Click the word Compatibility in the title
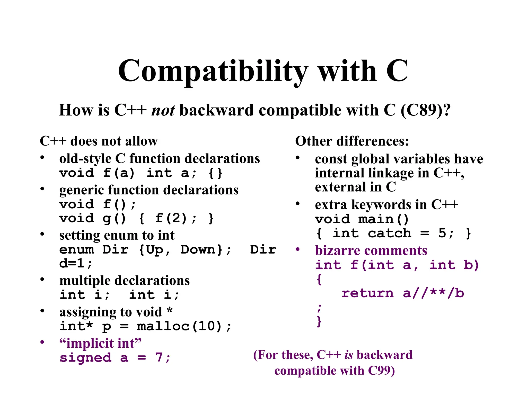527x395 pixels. pos(213,71)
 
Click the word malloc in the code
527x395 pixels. pos(163,326)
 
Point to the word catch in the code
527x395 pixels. pos(389,233)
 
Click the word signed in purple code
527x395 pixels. pos(85,358)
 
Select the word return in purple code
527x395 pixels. pos(367,293)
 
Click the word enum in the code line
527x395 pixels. pos(77,250)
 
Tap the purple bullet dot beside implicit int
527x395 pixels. pos(42,342)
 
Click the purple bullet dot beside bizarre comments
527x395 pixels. pos(298,249)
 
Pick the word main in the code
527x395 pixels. pos(376,219)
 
